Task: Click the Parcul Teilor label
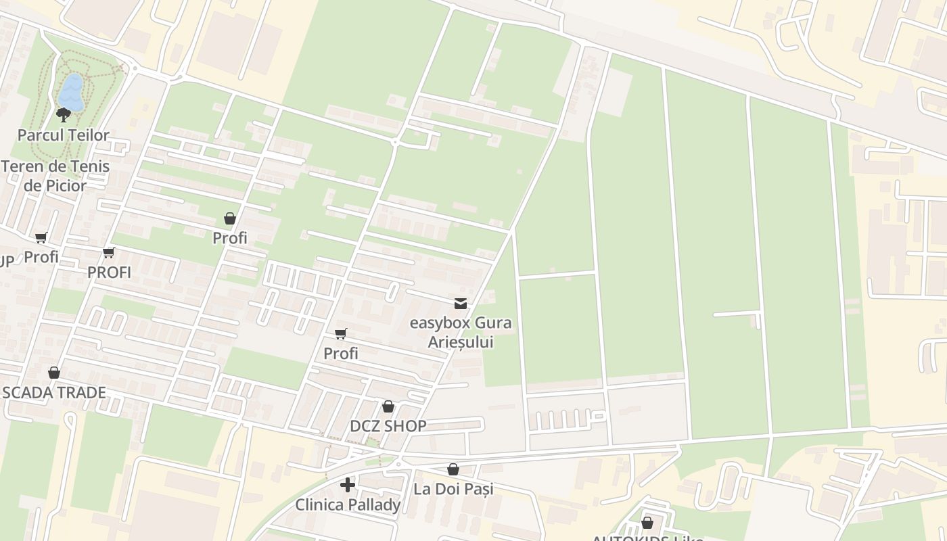click(x=63, y=135)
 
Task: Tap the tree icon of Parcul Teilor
click(x=64, y=114)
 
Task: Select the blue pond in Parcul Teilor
click(x=71, y=93)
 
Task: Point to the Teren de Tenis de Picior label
click(x=55, y=176)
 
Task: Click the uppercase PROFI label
click(x=109, y=273)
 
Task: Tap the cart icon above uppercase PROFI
click(x=109, y=253)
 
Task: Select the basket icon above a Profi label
click(x=230, y=218)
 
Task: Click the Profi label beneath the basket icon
click(x=230, y=238)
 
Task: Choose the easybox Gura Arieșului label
click(x=461, y=332)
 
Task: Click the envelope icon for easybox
click(x=461, y=304)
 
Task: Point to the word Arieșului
click(x=461, y=342)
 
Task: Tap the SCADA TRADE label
click(x=54, y=393)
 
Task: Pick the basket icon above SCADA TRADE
click(x=54, y=373)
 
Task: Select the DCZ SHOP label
click(x=388, y=426)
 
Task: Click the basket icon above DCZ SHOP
click(x=388, y=406)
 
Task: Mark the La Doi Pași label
click(x=453, y=489)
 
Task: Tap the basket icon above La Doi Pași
click(x=453, y=469)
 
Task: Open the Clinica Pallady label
click(x=348, y=505)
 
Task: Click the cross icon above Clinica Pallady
click(x=348, y=485)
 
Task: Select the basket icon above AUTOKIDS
click(x=647, y=523)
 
